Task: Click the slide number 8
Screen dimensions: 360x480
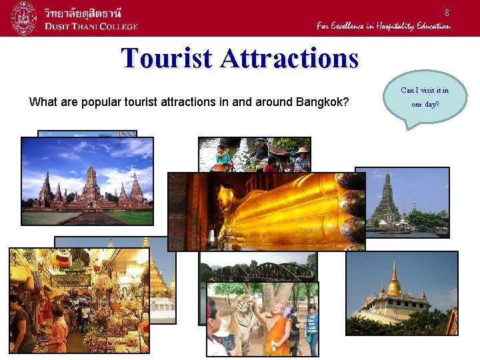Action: pos(447,13)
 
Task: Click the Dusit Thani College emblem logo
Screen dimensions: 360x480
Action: pos(24,18)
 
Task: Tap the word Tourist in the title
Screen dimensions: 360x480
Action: pos(167,59)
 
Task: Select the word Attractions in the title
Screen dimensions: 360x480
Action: pos(289,59)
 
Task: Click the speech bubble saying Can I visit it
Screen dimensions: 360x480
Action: pos(425,97)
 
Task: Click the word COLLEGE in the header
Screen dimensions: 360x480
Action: pos(113,27)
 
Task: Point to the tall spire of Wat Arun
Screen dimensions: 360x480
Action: pos(388,193)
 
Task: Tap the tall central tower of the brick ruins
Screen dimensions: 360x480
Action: pos(90,184)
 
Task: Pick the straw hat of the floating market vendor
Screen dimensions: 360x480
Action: pos(303,150)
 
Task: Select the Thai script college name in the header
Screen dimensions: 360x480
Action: pos(87,12)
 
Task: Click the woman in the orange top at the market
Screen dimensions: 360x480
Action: pos(58,329)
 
